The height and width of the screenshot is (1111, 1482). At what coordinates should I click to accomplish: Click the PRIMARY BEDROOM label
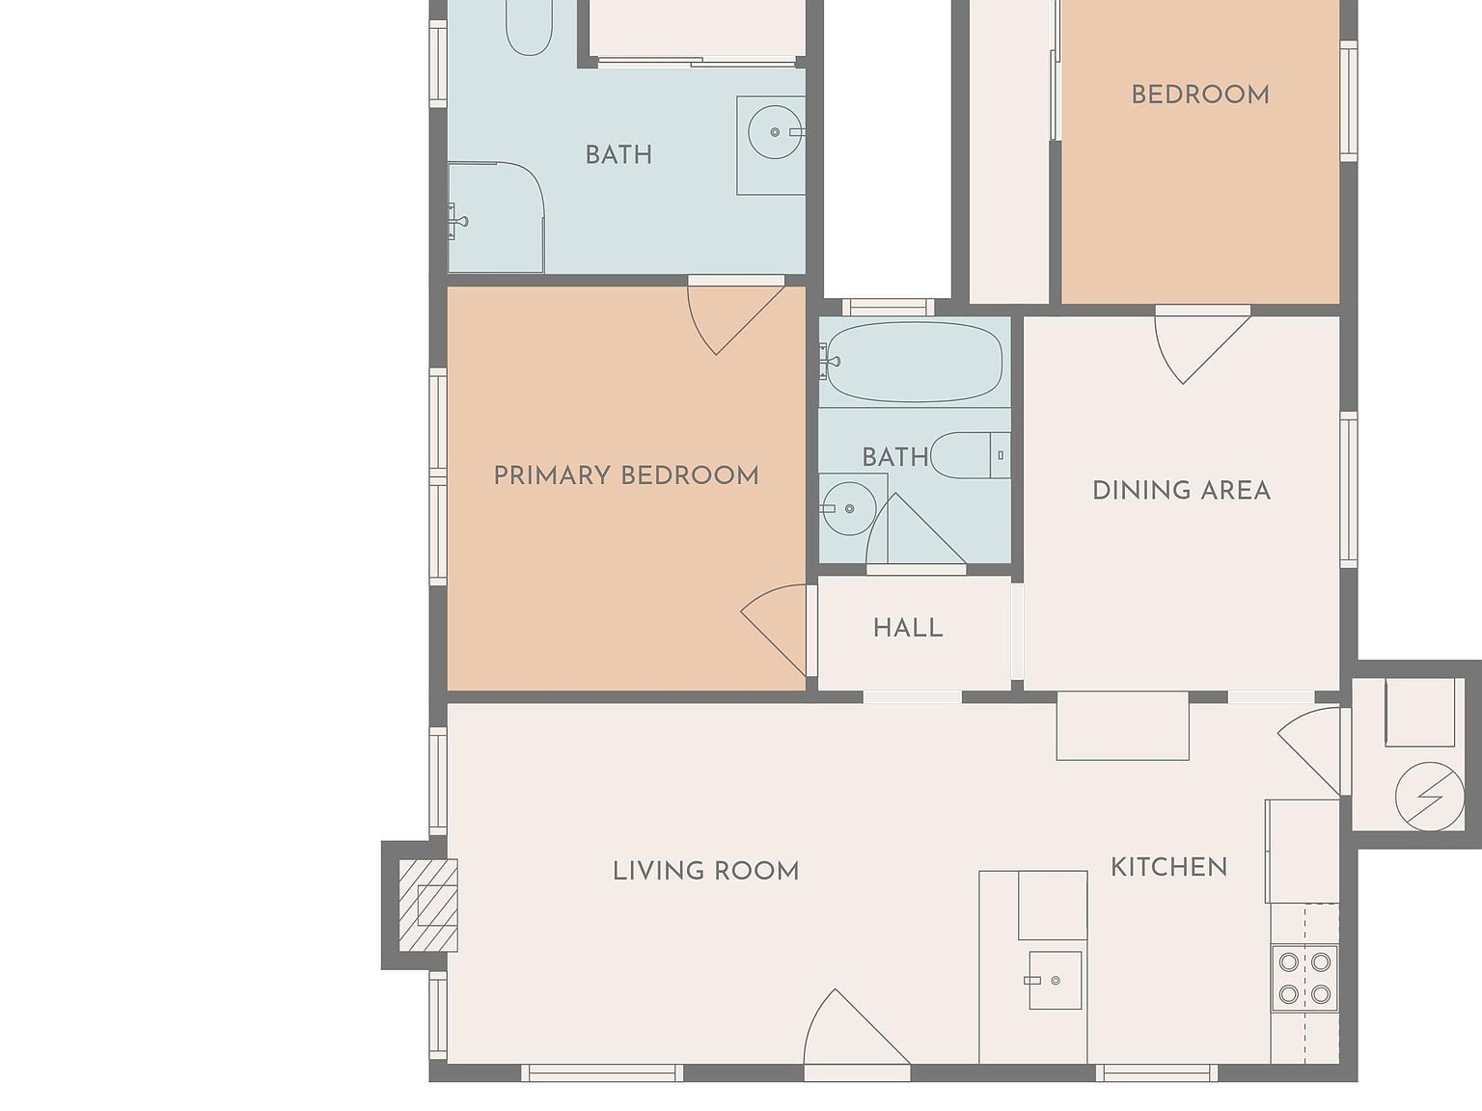click(x=626, y=475)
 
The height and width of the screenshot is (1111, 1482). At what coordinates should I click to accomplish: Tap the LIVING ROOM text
click(x=705, y=871)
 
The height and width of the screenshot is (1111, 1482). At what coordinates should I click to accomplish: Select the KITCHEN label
click(x=1168, y=867)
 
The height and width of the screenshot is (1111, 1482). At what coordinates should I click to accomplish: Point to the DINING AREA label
click(x=1181, y=491)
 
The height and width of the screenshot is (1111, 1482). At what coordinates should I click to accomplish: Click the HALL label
click(x=908, y=628)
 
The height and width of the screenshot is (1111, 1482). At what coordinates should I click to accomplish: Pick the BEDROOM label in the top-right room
click(x=1200, y=95)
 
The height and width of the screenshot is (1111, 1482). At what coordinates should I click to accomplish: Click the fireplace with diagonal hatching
click(x=428, y=906)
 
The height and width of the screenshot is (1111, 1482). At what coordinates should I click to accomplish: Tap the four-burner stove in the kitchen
click(x=1304, y=978)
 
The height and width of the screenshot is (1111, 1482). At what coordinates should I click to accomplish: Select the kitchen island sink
click(x=1055, y=980)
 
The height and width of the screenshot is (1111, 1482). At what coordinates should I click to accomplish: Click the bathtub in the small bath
click(x=915, y=362)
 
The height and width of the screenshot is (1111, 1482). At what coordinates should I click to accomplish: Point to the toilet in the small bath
click(x=971, y=455)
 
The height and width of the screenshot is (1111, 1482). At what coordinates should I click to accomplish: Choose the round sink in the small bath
click(x=849, y=508)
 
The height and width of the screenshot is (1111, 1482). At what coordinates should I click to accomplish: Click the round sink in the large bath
click(x=775, y=132)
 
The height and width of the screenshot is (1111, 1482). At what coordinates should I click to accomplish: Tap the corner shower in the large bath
click(x=496, y=217)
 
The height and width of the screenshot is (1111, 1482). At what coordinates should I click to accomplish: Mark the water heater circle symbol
click(x=1429, y=797)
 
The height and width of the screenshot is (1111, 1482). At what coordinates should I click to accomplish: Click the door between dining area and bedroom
click(x=1202, y=345)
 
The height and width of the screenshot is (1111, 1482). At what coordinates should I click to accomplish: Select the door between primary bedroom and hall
click(x=777, y=630)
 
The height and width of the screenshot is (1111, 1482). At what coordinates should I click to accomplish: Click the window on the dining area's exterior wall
click(x=1348, y=490)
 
